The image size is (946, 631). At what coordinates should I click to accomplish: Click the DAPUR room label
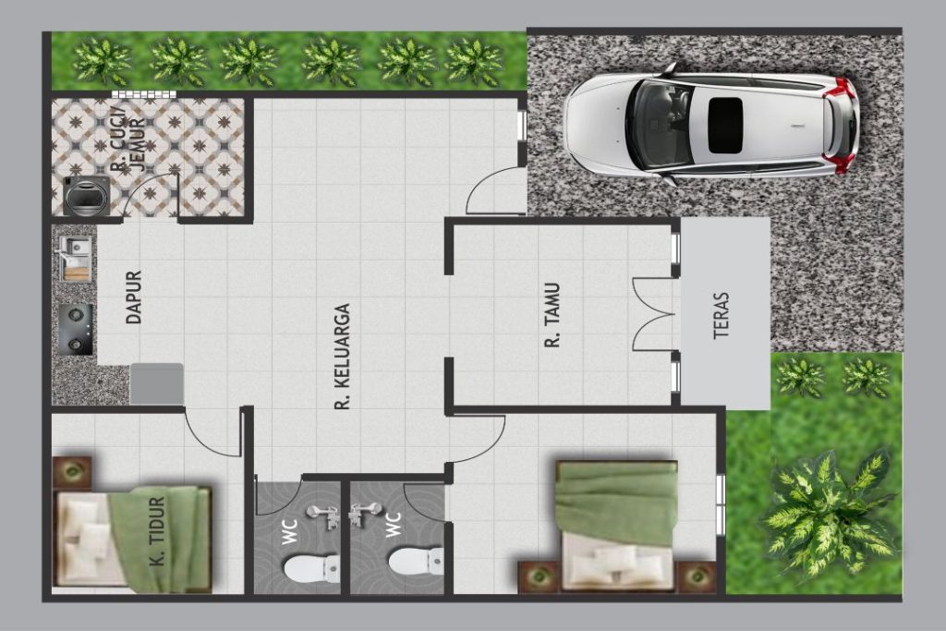134,297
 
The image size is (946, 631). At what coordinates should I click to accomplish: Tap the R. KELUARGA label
342,357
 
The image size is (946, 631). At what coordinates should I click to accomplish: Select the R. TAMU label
552,315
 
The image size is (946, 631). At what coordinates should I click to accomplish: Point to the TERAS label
721,316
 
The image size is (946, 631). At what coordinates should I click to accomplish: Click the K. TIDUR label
157,531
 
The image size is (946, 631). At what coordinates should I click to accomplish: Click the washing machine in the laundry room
87,196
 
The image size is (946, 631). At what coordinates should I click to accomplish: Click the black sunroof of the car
725,126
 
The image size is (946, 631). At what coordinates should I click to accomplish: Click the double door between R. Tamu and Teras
654,314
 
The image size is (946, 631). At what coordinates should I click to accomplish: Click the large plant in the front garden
829,514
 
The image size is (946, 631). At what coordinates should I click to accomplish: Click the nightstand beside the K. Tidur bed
72,472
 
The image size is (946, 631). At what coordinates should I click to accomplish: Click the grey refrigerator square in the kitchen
157,383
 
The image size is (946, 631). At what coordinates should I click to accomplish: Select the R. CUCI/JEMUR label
127,140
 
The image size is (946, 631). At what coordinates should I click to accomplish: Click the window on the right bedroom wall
721,505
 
